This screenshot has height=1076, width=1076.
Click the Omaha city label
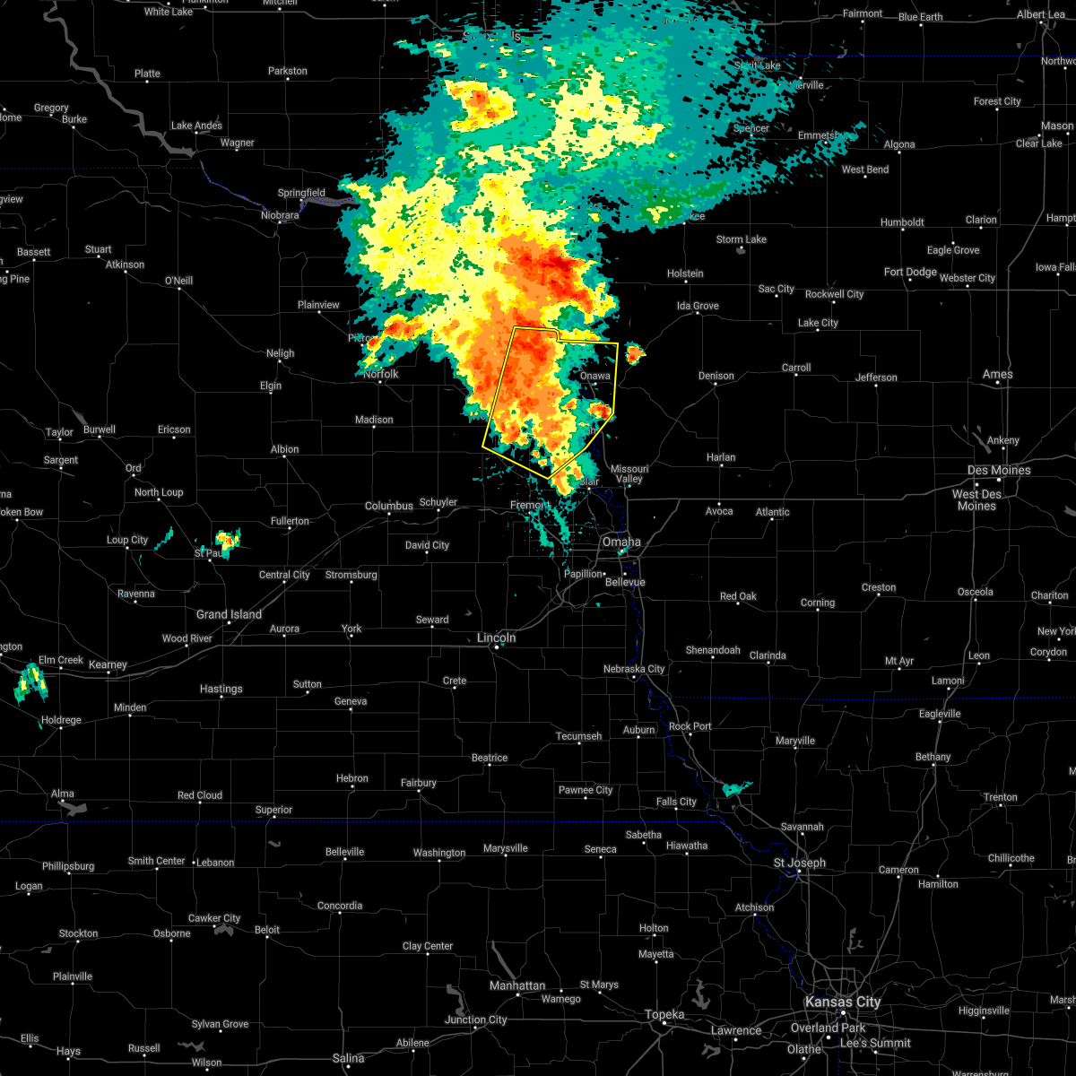621,542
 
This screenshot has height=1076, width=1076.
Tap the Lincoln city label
496,638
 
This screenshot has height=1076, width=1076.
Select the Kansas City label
843,1002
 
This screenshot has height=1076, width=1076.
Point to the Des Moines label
998,470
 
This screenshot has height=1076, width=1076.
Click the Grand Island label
229,614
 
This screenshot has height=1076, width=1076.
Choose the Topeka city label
664,1014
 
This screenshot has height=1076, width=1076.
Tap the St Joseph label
800,863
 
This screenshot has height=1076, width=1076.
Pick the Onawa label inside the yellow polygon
594,376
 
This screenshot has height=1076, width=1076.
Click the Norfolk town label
381,374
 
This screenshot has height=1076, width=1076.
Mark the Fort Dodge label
910,272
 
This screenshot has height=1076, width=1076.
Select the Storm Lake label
741,239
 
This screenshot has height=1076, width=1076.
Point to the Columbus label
388,506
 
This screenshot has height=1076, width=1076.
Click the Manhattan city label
517,985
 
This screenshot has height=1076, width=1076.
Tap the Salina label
348,1058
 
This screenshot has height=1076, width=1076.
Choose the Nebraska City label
634,669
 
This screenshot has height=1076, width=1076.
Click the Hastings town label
221,689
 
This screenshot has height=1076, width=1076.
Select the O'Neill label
178,281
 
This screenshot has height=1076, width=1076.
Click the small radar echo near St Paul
227,540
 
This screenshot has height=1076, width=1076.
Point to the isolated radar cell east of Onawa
634,354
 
